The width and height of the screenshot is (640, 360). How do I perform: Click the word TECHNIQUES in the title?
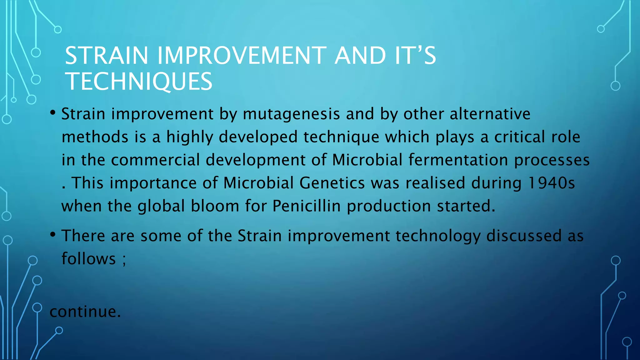pos(139,81)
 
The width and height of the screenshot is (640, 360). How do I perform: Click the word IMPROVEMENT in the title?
pos(242,56)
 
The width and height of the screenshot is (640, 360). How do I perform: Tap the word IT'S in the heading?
pos(415,56)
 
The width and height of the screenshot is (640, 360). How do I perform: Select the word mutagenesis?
pos(291,114)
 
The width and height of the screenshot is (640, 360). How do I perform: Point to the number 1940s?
pos(551,183)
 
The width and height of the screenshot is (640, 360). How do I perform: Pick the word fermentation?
pos(458,160)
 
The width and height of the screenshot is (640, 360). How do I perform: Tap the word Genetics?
pos(332,183)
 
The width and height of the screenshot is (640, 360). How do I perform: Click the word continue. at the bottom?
pos(85,312)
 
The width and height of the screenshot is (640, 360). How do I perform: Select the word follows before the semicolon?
pos(89,259)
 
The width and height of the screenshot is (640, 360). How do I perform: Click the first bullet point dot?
pos(53,112)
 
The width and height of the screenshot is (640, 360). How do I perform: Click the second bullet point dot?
pos(53,234)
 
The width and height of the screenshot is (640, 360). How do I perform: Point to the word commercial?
pos(155,160)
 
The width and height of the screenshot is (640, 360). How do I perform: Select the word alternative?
pos(490,114)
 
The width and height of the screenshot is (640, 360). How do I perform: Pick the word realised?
pos(435,183)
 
